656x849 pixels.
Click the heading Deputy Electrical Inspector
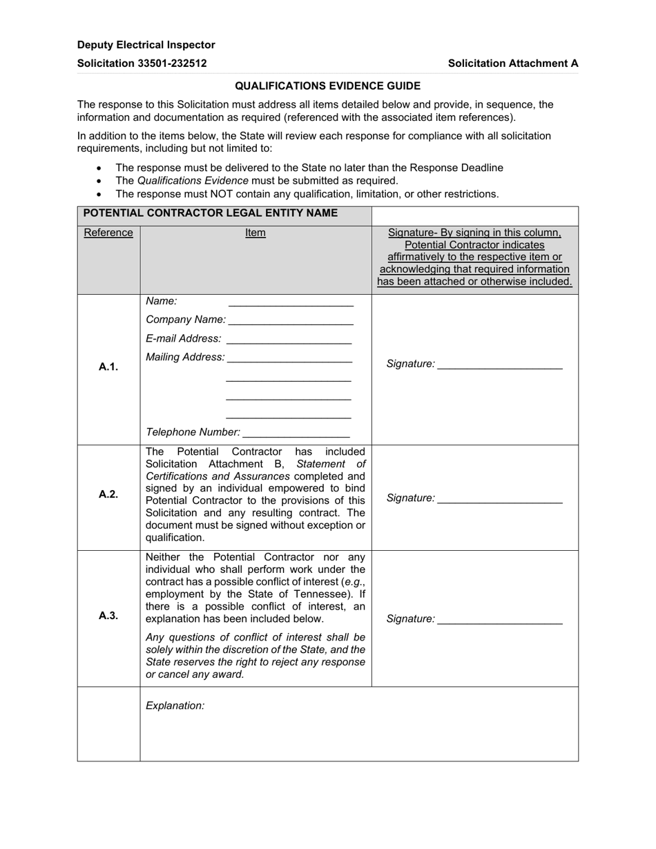[146, 45]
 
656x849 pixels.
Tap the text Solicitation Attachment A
[512, 63]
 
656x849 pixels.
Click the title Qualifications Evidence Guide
[327, 86]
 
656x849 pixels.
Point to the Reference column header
[108, 233]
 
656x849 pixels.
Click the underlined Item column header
[255, 233]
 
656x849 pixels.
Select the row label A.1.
[108, 367]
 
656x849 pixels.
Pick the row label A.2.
[108, 494]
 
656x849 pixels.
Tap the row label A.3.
[108, 616]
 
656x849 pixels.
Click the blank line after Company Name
[290, 321]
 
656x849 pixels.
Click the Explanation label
[175, 705]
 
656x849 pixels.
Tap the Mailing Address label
[185, 357]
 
